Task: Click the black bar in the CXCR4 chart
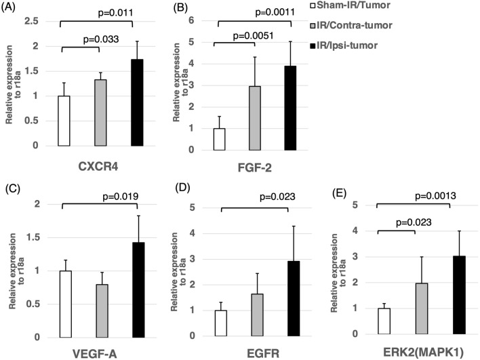click(137, 102)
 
